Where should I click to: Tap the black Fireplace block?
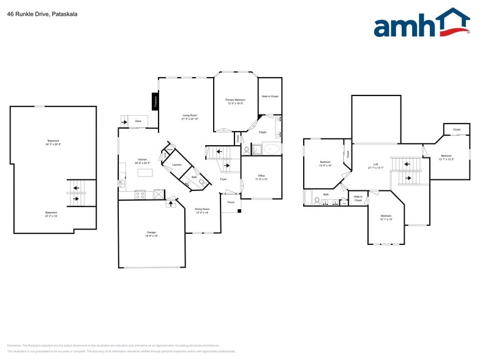tap(156, 101)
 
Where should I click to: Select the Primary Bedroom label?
tap(235, 100)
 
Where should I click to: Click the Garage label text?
tap(151, 233)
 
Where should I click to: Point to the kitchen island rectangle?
tap(144, 173)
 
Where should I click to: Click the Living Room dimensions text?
tap(190, 119)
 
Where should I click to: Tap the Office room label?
tap(261, 176)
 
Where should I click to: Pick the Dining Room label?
tap(202, 209)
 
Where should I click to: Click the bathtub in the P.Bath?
tap(270, 149)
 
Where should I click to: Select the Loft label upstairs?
tap(376, 164)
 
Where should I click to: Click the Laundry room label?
tap(177, 165)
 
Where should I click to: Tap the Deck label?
tap(138, 122)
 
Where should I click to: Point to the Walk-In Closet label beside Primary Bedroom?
tap(270, 96)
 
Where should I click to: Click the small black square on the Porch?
tap(239, 211)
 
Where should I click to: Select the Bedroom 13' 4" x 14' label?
tap(325, 162)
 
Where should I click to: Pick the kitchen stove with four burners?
tap(140, 194)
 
